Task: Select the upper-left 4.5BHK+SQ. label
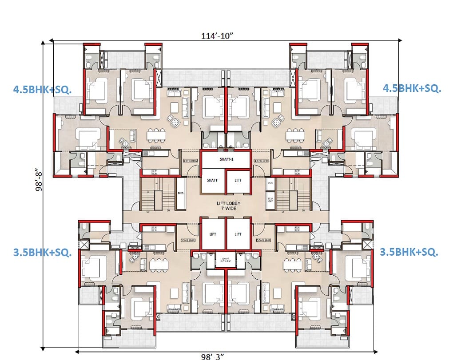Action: (x=42, y=89)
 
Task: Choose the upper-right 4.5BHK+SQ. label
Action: (x=412, y=88)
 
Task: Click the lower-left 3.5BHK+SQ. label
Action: (x=42, y=253)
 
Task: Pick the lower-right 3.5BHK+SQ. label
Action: (x=409, y=252)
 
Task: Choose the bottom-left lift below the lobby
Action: (x=213, y=234)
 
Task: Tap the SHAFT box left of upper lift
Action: (x=212, y=180)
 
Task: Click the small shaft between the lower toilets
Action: (x=226, y=261)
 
